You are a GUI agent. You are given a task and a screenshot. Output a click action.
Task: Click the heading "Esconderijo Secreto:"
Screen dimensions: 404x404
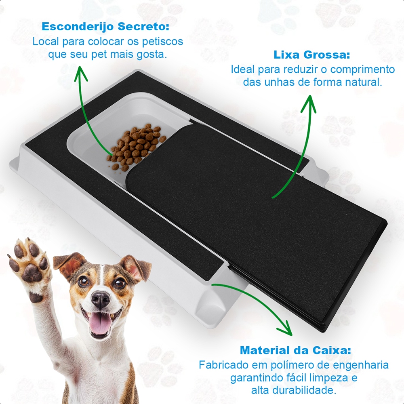[105, 27]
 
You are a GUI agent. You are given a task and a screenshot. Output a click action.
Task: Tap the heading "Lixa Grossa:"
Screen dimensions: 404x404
[312, 55]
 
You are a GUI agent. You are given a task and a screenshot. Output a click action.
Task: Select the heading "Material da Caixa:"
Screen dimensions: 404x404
[295, 350]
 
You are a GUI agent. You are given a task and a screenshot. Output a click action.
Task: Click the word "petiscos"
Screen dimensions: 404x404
[162, 42]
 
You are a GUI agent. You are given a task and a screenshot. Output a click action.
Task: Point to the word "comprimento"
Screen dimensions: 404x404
[362, 69]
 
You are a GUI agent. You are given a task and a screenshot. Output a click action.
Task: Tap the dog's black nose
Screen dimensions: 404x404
[101, 300]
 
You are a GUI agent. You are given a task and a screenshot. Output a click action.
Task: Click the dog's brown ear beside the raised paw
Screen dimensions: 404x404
[69, 265]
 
